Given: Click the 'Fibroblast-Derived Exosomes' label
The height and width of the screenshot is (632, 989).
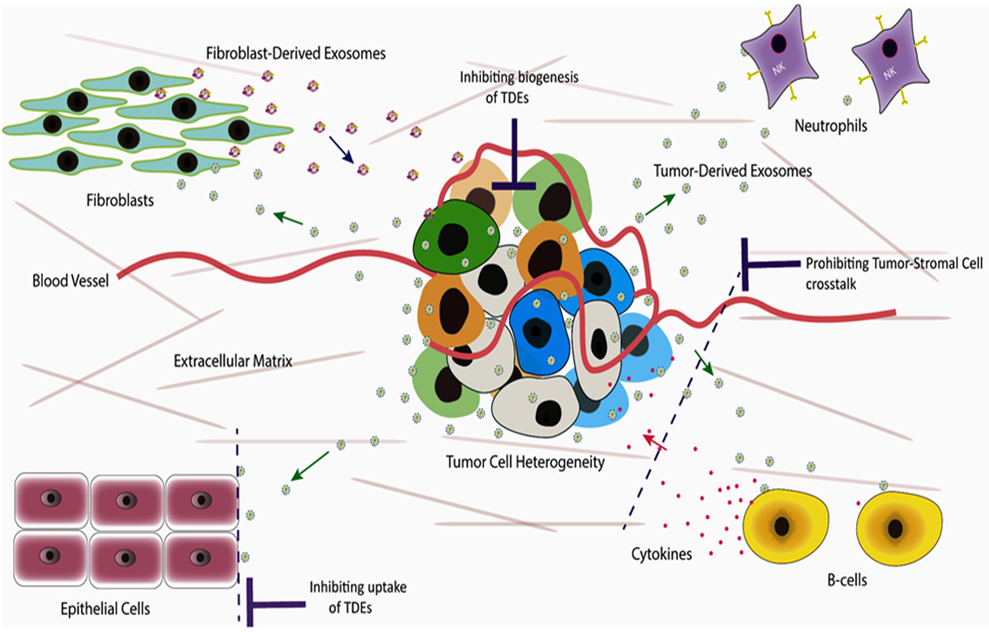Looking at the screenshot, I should (280, 51).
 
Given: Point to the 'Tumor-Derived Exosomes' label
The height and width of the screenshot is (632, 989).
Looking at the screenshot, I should (731, 171).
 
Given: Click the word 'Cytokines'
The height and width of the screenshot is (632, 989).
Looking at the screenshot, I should (662, 552).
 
